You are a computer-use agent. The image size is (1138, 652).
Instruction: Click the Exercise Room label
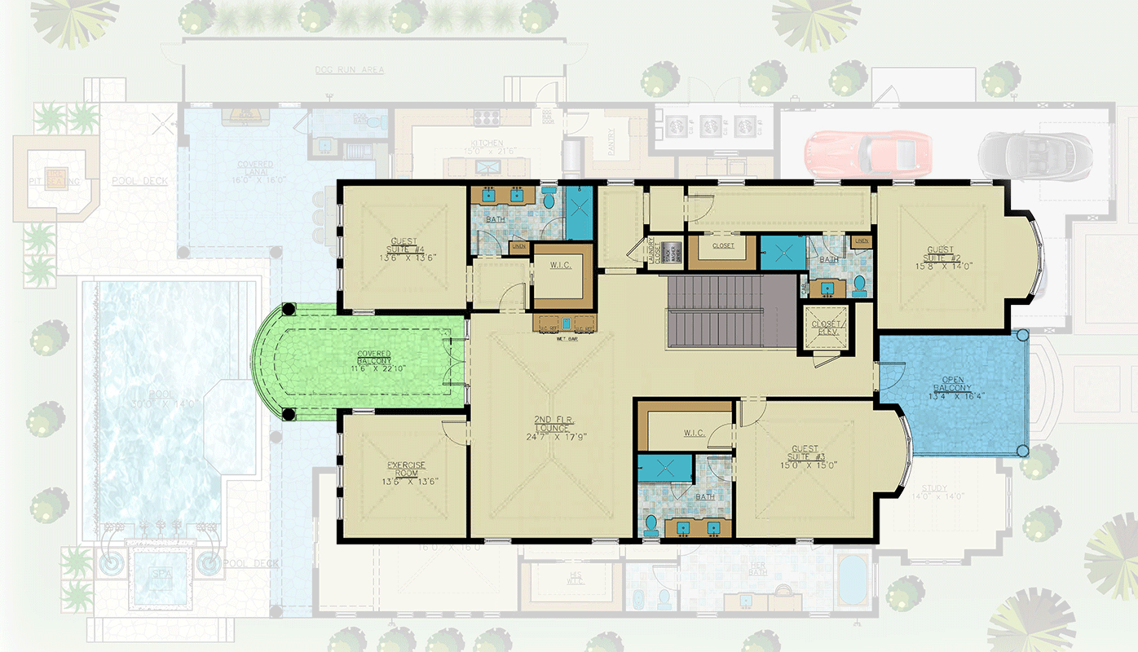405,470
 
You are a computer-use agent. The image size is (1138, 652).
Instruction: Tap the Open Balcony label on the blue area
952,385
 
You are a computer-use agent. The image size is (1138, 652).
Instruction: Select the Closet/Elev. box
826,328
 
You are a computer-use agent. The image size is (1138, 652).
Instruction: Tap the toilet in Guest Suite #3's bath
651,523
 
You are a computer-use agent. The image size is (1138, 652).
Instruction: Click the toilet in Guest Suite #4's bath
549,198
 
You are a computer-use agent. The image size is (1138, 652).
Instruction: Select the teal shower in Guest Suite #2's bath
783,252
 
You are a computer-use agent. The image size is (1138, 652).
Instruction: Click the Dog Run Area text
350,70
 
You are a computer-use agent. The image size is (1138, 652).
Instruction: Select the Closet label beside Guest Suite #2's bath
722,245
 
